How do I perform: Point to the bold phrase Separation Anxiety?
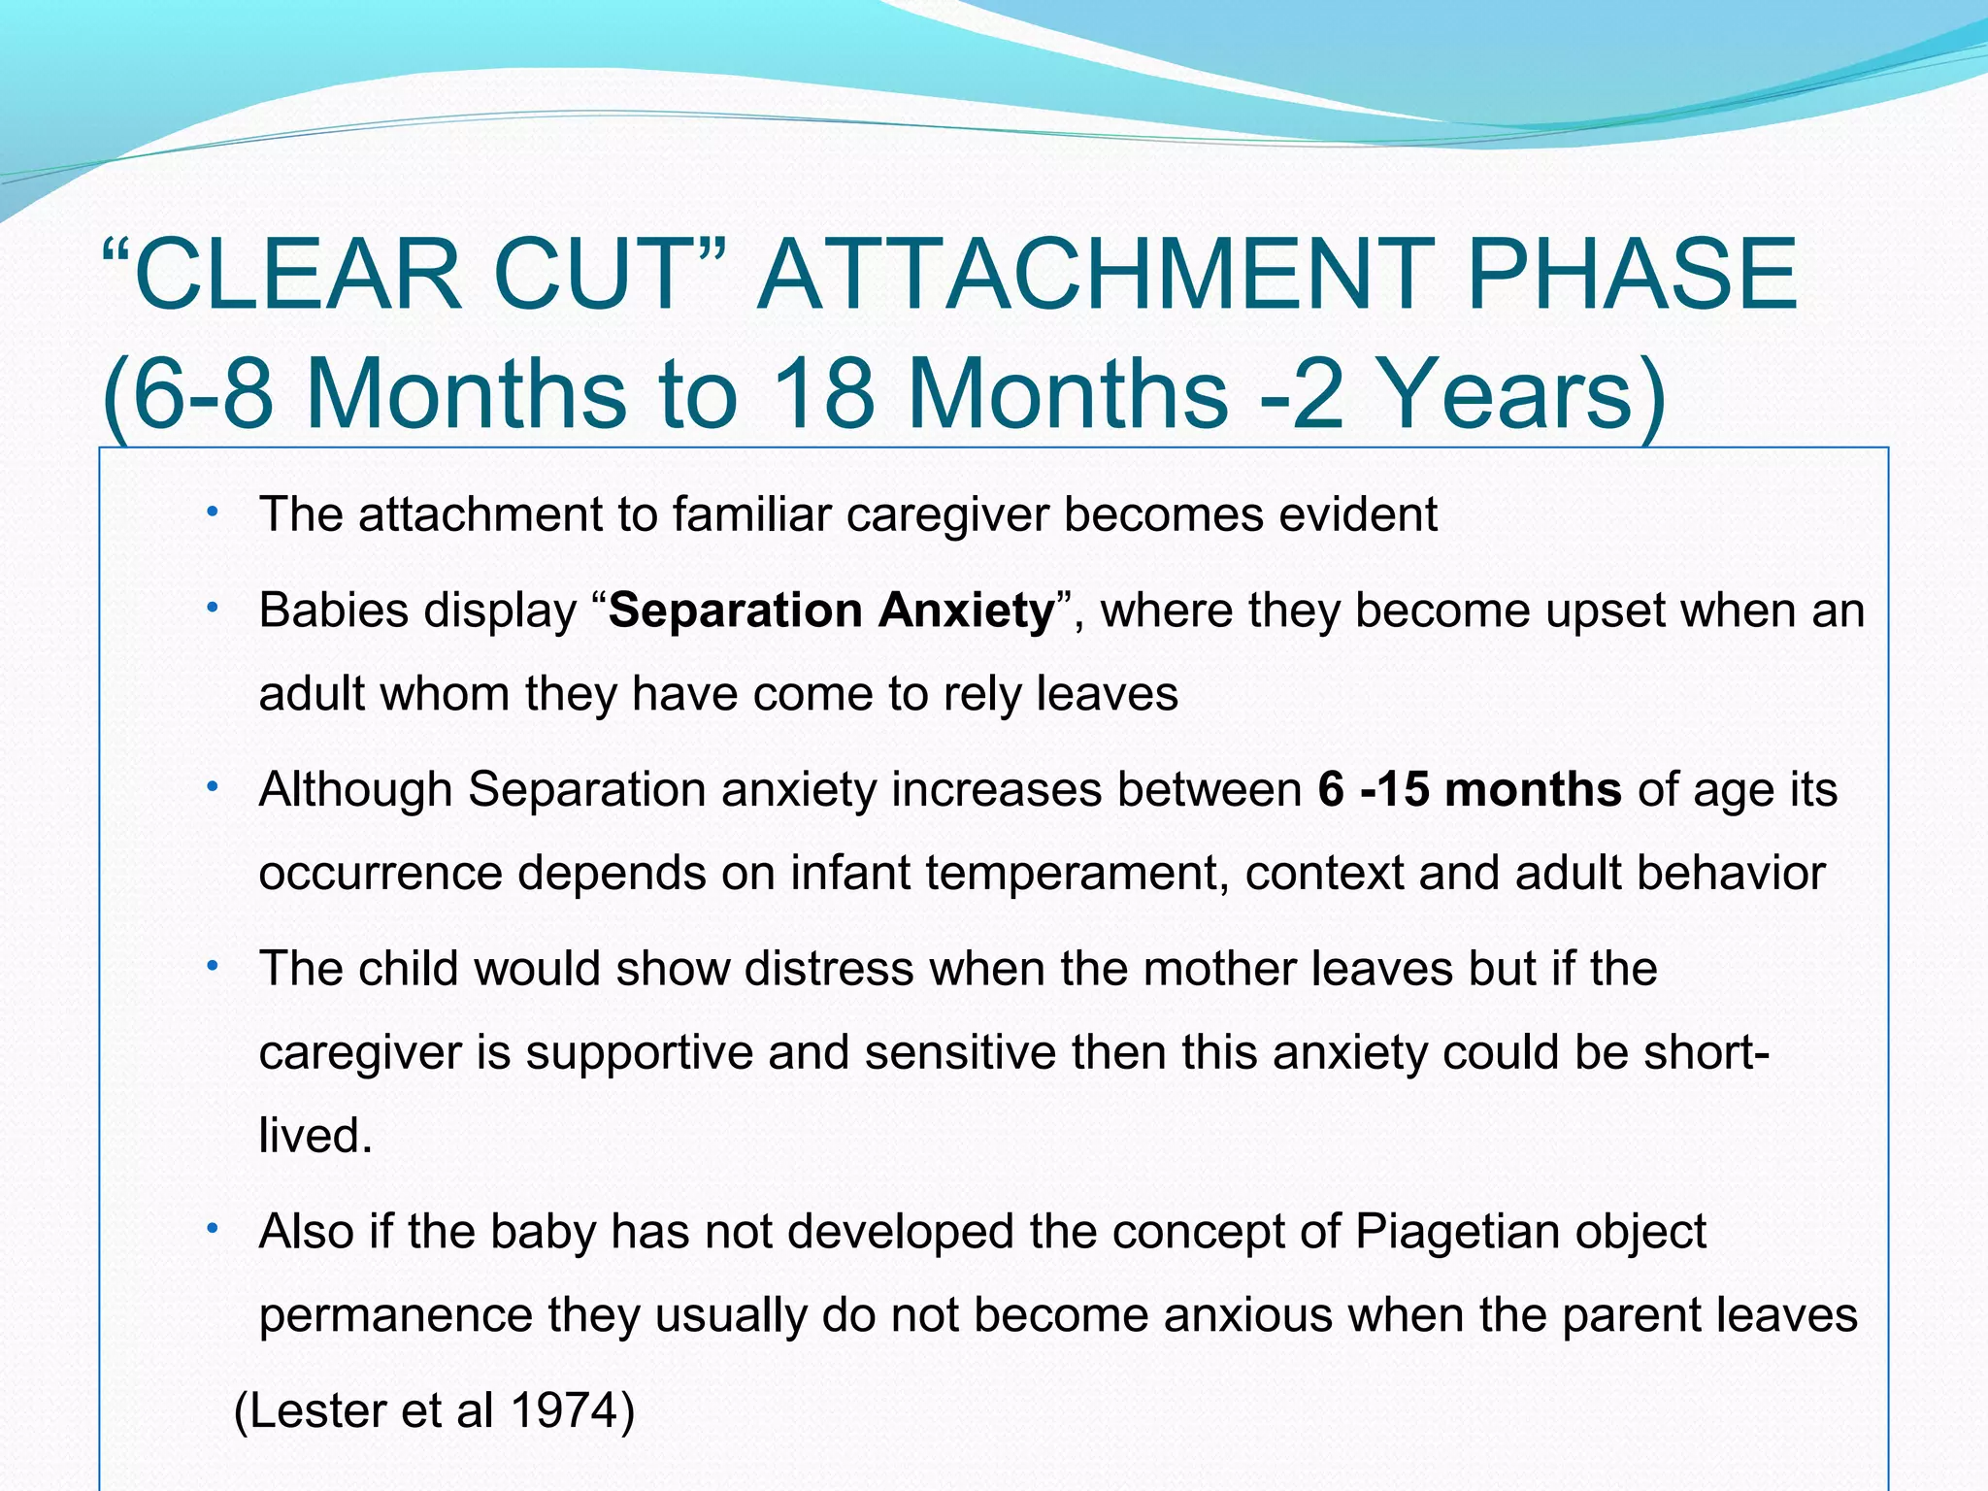pos(831,612)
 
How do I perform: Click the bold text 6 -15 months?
pos(1470,789)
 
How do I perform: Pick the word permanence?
pos(395,1316)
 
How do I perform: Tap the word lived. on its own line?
pos(315,1135)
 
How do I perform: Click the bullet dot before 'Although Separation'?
pos(211,787)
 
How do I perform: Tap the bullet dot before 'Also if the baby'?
pos(211,1230)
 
